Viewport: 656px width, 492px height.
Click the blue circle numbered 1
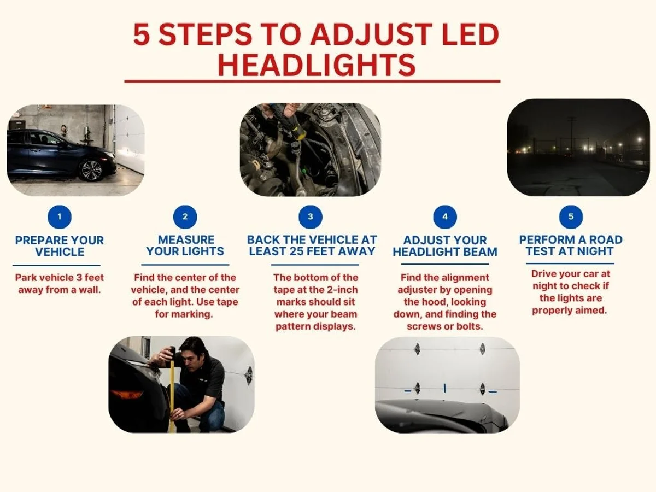pyautogui.click(x=60, y=217)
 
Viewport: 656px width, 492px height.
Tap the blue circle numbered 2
pyautogui.click(x=185, y=217)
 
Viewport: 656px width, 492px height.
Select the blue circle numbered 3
pyautogui.click(x=311, y=217)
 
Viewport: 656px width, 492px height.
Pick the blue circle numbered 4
pyautogui.click(x=445, y=217)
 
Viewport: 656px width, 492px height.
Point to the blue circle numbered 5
pyautogui.click(x=571, y=217)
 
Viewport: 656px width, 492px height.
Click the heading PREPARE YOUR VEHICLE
pyautogui.click(x=60, y=246)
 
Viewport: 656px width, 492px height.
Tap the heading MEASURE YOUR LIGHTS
pyautogui.click(x=185, y=245)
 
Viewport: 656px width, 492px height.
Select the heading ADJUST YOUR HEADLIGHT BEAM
pyautogui.click(x=445, y=246)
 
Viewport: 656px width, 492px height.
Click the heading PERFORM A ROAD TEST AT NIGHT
pyautogui.click(x=571, y=245)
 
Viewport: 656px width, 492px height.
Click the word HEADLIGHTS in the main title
pyautogui.click(x=317, y=65)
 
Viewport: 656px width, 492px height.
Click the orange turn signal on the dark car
pyautogui.click(x=126, y=394)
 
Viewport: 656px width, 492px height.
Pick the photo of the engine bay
pyautogui.click(x=310, y=149)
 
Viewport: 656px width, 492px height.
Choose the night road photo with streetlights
pyautogui.click(x=578, y=147)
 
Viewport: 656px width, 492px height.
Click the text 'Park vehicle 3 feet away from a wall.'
pyautogui.click(x=60, y=283)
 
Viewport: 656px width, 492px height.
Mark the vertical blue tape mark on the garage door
pyautogui.click(x=444, y=388)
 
